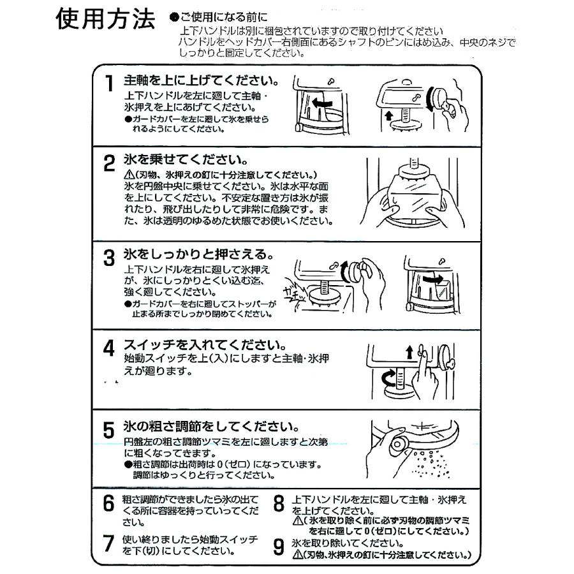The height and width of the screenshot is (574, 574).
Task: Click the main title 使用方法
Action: [x=105, y=22]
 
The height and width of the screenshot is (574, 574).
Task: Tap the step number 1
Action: [x=110, y=84]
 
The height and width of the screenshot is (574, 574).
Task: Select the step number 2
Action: [x=110, y=165]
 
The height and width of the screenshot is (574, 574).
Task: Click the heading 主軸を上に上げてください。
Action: [x=202, y=81]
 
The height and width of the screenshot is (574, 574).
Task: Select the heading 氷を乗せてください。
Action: [x=185, y=159]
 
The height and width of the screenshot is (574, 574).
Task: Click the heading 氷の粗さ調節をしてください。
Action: [x=210, y=425]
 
